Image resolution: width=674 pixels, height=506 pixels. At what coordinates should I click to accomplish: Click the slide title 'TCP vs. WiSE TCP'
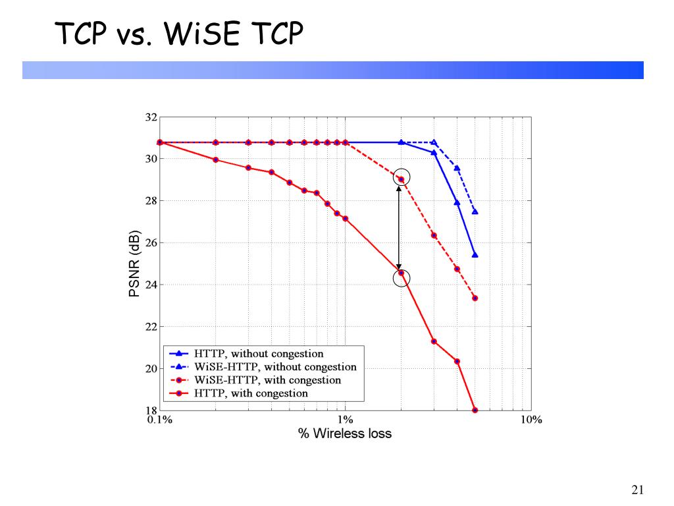179,34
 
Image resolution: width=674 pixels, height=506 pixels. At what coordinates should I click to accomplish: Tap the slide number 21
636,490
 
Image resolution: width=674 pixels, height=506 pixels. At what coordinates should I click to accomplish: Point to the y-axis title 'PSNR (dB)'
135,264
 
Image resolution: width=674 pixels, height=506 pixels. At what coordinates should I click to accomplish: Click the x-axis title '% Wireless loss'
345,434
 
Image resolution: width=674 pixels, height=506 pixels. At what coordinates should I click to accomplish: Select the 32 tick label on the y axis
151,118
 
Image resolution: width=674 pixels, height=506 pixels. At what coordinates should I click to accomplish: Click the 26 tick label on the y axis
151,243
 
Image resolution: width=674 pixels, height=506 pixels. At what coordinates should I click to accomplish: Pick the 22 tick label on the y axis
151,327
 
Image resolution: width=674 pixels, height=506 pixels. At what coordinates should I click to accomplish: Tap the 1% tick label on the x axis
346,420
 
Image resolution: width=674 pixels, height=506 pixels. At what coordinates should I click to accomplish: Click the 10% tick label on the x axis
531,420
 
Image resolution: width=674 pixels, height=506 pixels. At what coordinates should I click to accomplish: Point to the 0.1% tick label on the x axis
159,420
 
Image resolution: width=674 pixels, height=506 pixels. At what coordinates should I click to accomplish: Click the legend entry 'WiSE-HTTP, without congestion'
275,367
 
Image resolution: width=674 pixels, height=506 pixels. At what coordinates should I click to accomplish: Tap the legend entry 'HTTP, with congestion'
251,393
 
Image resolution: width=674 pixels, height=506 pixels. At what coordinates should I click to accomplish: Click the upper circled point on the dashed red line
402,179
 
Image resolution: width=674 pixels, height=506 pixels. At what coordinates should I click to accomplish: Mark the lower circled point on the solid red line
402,273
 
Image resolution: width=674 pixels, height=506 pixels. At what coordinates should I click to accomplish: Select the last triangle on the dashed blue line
475,211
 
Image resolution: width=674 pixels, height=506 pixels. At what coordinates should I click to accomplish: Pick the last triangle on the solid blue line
475,255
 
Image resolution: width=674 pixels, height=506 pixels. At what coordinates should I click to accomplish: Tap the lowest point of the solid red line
475,410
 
